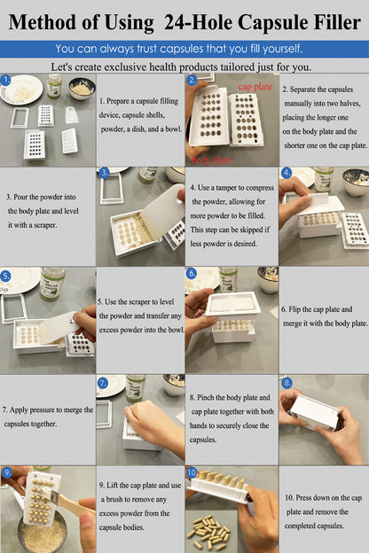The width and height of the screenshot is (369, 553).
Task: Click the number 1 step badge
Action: click(x=7, y=79)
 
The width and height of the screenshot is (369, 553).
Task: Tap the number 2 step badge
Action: click(x=192, y=80)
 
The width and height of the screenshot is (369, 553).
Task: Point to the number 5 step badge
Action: click(x=7, y=276)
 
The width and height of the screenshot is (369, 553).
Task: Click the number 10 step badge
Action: click(x=192, y=473)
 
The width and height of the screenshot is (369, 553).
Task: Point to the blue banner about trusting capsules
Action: click(x=184, y=49)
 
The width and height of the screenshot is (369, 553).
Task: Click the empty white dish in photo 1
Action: click(x=21, y=89)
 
